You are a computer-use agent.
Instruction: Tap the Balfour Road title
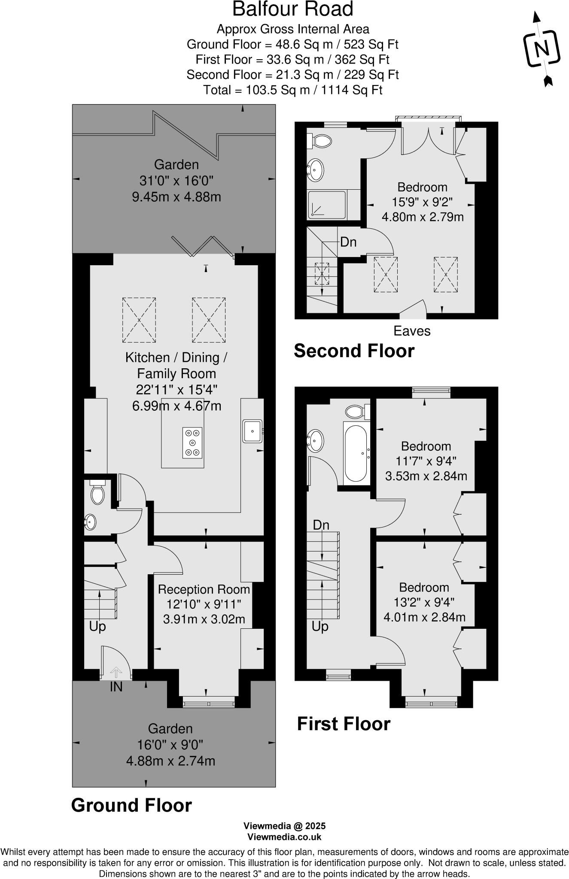tap(293, 9)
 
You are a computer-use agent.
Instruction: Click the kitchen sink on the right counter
tap(253, 431)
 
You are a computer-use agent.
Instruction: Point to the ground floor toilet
tap(97, 494)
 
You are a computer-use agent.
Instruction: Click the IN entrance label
tap(116, 687)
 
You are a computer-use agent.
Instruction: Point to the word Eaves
tap(412, 331)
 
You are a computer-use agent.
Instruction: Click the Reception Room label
tap(204, 589)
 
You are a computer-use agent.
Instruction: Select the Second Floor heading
tap(354, 351)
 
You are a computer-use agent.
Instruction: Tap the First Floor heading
tap(344, 724)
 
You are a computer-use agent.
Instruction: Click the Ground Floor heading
tap(131, 805)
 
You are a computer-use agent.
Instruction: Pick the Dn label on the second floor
tap(348, 242)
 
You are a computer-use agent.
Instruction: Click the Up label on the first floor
tap(320, 627)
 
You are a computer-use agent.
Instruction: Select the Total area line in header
tap(292, 90)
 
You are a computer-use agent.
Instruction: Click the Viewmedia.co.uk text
tap(284, 837)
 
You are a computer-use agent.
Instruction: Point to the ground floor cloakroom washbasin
tap(90, 522)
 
